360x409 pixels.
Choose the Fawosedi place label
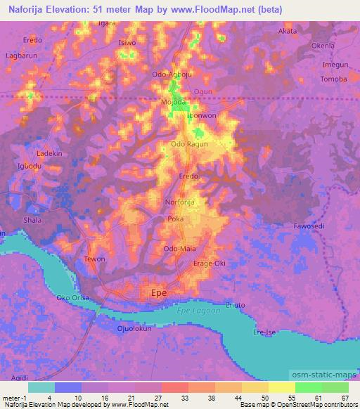(x=309, y=226)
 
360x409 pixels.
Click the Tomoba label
(x=333, y=79)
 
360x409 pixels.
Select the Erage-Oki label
(x=210, y=264)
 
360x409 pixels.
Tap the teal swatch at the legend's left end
(x=41, y=387)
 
